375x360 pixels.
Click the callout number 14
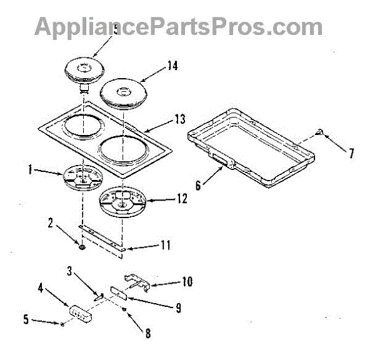[x=171, y=64]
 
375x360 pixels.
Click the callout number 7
[x=352, y=153]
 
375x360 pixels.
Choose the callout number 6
[x=198, y=184]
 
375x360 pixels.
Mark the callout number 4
[x=41, y=289]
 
